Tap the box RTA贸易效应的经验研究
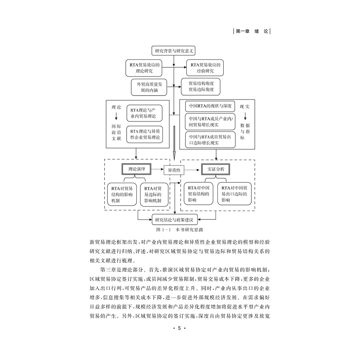pyautogui.click(x=204, y=68)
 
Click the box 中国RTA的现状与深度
pyautogui.click(x=210, y=106)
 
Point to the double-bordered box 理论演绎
pyautogui.click(x=135, y=170)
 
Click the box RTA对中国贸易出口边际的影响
pyautogui.click(x=234, y=194)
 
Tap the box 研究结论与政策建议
pyautogui.click(x=174, y=220)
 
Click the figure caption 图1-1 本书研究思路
pyautogui.click(x=173, y=229)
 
